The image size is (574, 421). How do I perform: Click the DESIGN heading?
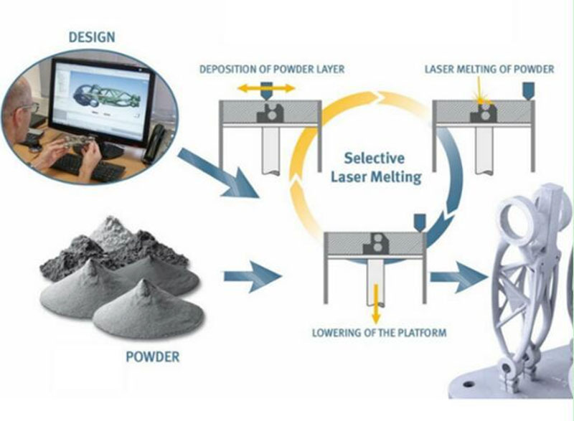click(x=92, y=37)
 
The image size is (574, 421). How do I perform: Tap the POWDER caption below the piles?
click(x=153, y=356)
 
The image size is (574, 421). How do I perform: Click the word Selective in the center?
click(x=374, y=158)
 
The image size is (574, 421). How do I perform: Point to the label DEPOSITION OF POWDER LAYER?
click(x=272, y=69)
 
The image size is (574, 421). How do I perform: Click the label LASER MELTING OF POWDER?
click(x=489, y=69)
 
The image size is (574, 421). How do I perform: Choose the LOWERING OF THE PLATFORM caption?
click(x=380, y=333)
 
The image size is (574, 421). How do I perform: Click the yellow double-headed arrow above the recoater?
click(x=266, y=88)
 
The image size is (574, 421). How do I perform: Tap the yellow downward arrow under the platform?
click(x=376, y=303)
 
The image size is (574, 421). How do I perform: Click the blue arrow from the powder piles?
click(x=253, y=277)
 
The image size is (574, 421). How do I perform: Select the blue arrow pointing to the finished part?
click(x=458, y=277)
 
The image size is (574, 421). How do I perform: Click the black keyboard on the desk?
click(x=88, y=167)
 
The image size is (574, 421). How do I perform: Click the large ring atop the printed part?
click(x=517, y=220)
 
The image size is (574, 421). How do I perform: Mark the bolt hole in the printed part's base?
click(x=469, y=384)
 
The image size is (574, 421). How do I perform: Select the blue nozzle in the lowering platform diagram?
click(x=419, y=222)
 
